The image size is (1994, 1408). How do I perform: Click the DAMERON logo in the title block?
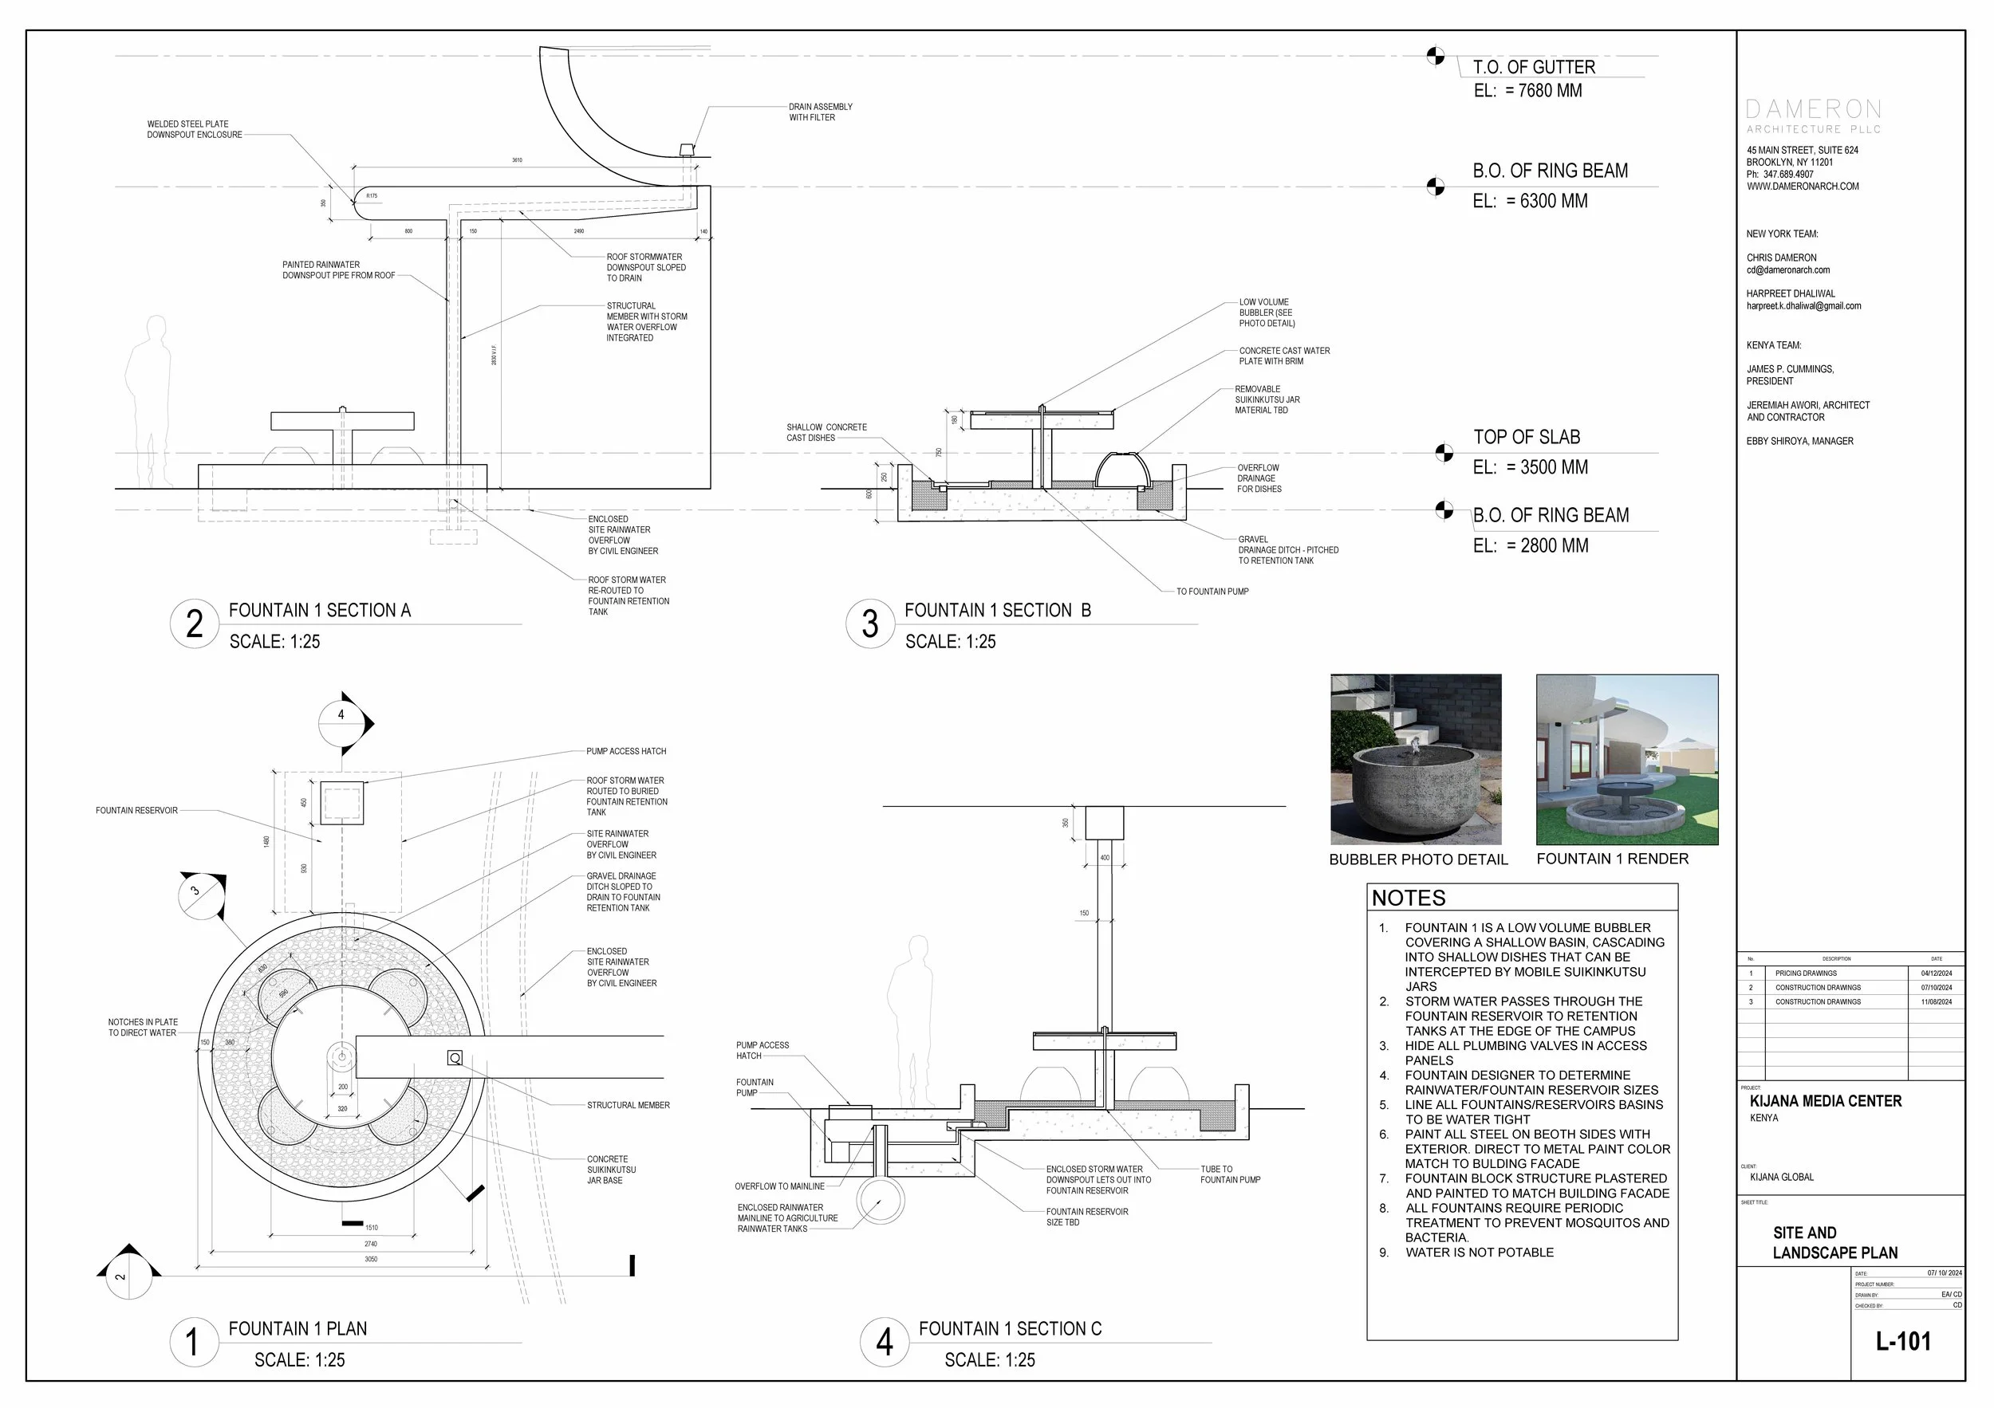1814,110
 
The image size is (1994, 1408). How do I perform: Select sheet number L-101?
1903,1341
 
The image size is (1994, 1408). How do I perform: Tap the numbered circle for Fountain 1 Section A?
195,623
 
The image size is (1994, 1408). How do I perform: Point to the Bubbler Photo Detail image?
1416,760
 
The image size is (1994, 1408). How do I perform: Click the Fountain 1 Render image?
1626,760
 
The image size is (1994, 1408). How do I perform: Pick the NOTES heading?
1409,899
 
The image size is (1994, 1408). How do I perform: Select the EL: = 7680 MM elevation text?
1527,90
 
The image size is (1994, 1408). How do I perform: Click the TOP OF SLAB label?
1526,438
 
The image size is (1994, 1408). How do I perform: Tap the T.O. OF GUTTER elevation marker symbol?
1436,57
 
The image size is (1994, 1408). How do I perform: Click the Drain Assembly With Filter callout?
820,112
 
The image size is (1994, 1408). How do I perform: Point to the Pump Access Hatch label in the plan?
626,751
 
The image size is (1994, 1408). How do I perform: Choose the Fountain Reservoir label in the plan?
136,811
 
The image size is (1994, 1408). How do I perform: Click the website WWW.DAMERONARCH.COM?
1802,187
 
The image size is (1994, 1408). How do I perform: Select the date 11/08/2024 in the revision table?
1936,1001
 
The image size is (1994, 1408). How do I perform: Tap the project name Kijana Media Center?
1825,1102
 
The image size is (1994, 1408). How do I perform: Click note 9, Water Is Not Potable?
1479,1253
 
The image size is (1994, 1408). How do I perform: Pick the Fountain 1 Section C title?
1010,1329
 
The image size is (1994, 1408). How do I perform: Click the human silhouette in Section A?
149,399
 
